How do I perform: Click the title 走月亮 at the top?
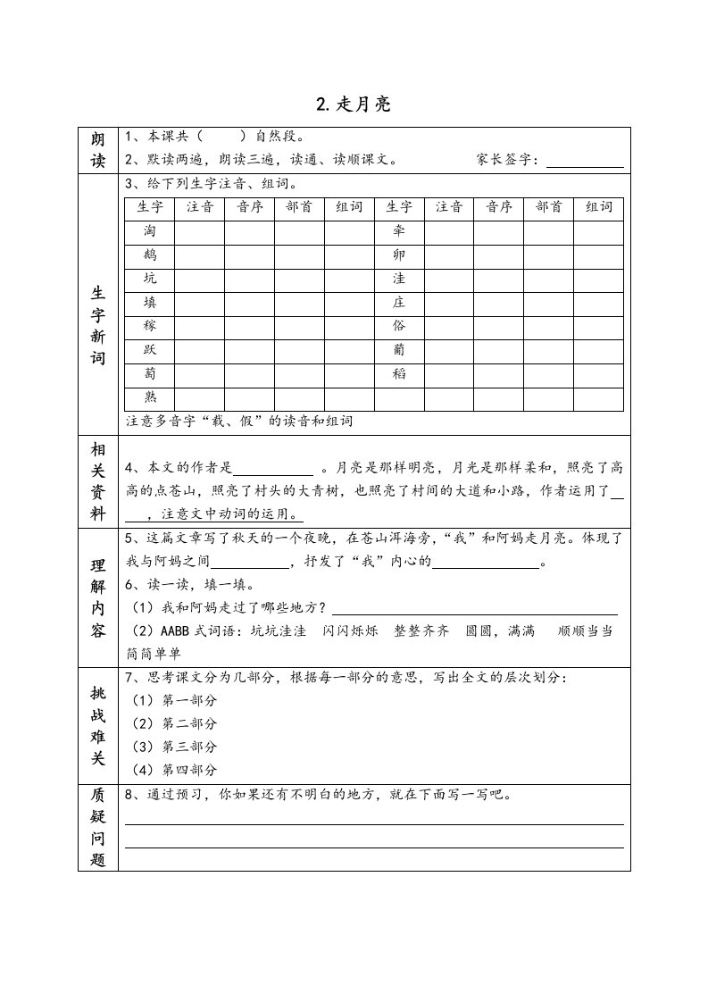pyautogui.click(x=354, y=104)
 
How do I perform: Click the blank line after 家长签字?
pyautogui.click(x=585, y=161)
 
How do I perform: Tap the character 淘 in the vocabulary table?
pyautogui.click(x=150, y=231)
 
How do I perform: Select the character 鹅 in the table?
pyautogui.click(x=150, y=255)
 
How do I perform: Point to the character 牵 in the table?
pyautogui.click(x=399, y=231)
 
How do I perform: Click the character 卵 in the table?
pyautogui.click(x=399, y=255)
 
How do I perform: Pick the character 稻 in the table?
pyautogui.click(x=399, y=375)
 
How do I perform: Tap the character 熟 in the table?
pyautogui.click(x=150, y=398)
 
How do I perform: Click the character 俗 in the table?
pyautogui.click(x=399, y=327)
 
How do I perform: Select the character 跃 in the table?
pyautogui.click(x=150, y=351)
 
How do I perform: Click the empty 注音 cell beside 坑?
pyautogui.click(x=199, y=280)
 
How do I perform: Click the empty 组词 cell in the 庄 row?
pyautogui.click(x=598, y=304)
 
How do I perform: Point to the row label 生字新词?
pyautogui.click(x=98, y=327)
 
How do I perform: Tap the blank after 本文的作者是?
pyautogui.click(x=273, y=468)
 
